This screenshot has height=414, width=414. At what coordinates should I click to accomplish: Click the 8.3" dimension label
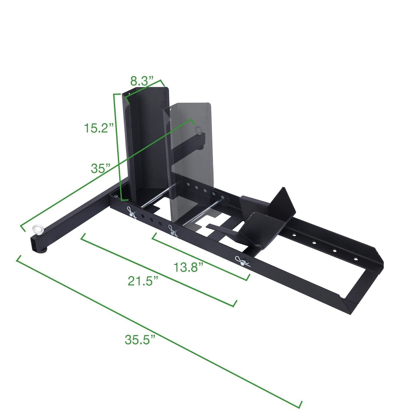142,81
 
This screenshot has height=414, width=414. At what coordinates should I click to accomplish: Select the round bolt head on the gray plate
199,129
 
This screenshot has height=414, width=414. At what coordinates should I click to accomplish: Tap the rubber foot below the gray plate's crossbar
201,148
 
